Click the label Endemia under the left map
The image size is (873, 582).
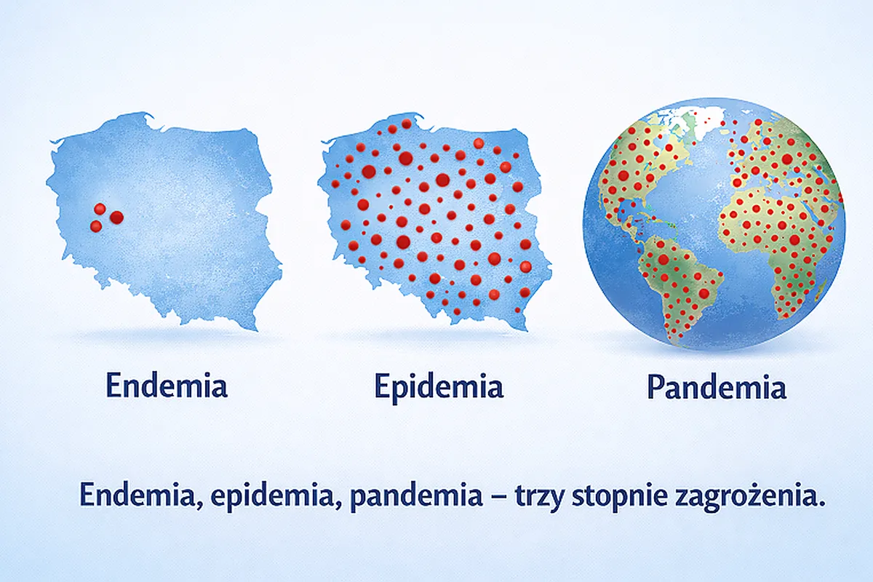[x=167, y=386]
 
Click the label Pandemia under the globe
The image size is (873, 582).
[x=717, y=387]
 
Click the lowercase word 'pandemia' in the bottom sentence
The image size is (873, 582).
[x=416, y=496]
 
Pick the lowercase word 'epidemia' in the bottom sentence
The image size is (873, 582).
[x=272, y=496]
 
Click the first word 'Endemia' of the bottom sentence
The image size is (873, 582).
[x=137, y=495]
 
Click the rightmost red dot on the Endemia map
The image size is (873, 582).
[x=116, y=217]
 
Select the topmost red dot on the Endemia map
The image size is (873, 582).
[x=100, y=209]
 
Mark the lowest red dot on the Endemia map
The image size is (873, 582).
[x=96, y=226]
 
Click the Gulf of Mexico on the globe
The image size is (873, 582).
[x=629, y=207]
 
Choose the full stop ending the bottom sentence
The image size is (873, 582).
[x=821, y=503]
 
